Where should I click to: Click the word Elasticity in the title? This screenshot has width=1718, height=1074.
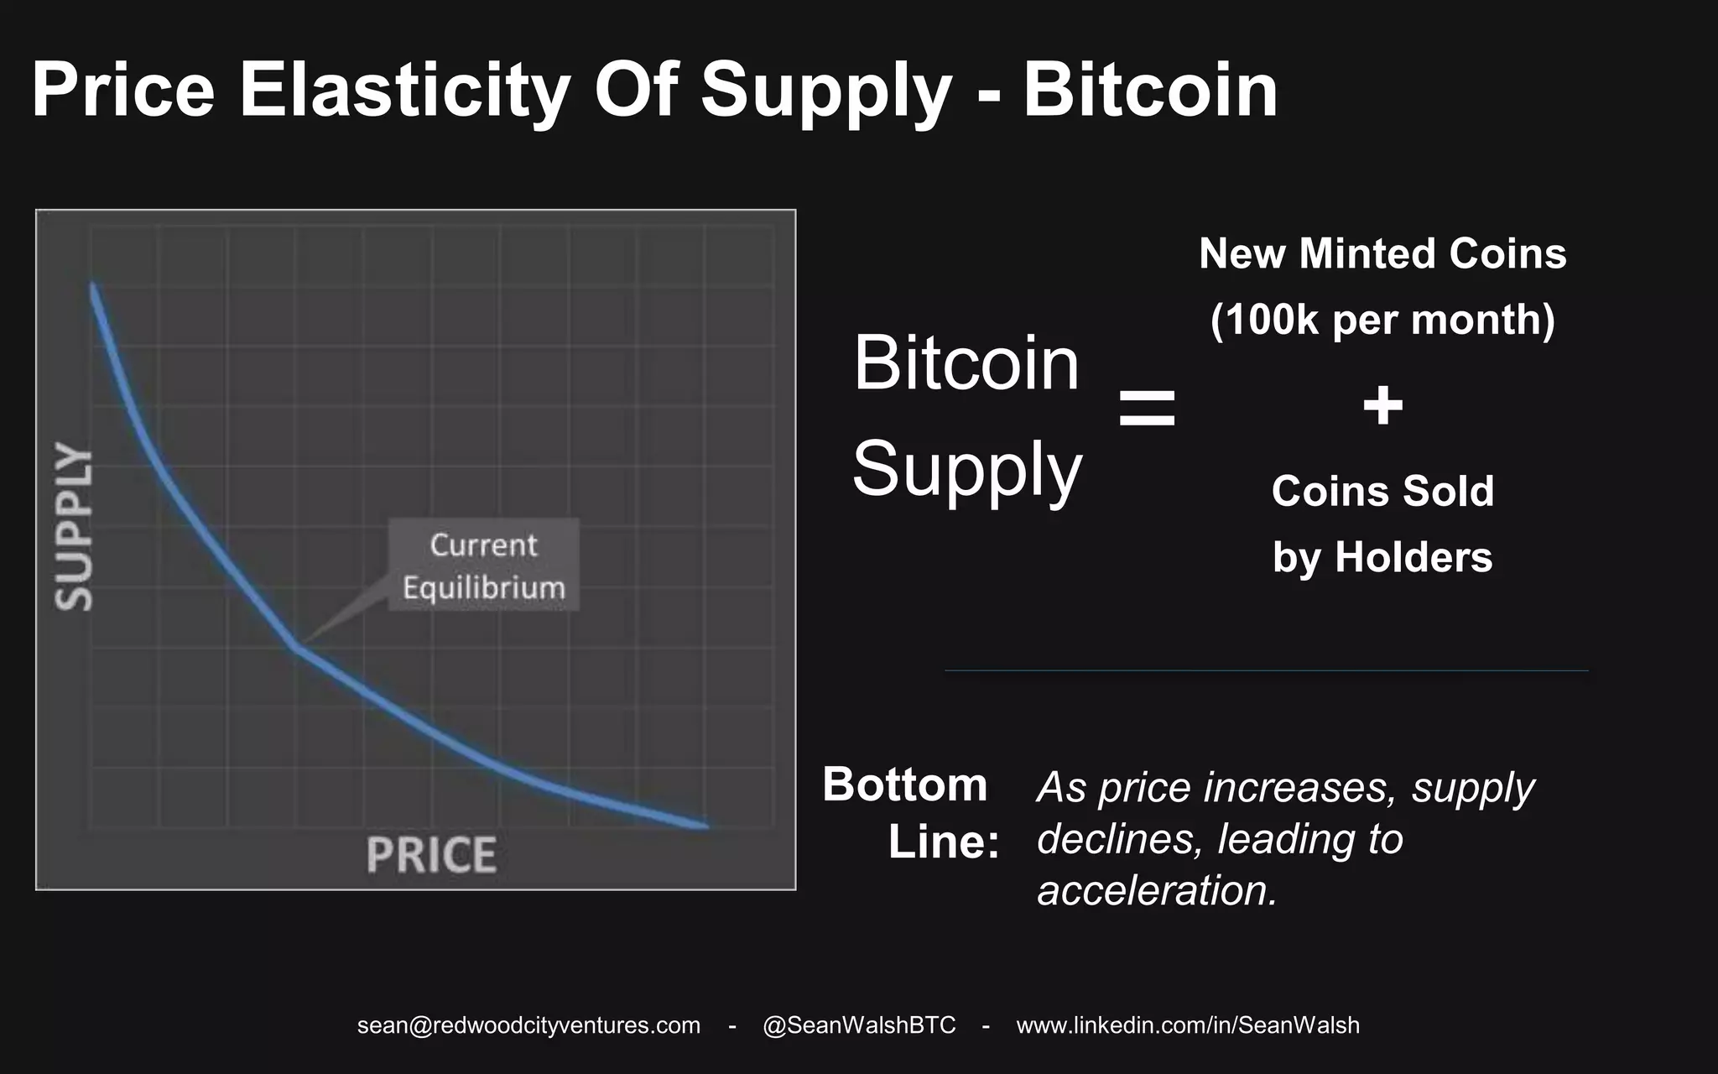pos(405,91)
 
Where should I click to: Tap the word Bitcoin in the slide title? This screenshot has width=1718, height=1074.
pos(1150,91)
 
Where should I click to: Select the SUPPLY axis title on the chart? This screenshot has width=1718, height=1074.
pos(74,525)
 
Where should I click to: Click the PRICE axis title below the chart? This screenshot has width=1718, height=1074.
pos(431,855)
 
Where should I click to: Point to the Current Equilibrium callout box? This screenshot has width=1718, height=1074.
pos(483,566)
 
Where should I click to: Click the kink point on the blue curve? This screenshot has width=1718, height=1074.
pos(295,646)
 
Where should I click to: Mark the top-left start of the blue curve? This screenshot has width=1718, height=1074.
pos(93,287)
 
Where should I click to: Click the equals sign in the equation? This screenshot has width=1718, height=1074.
pos(1147,408)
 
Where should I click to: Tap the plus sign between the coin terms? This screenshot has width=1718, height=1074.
pos(1382,406)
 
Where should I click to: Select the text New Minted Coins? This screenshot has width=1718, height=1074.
pos(1382,253)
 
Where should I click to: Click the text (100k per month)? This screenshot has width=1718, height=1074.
pos(1382,320)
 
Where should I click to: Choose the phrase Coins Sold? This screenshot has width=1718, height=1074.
pos(1382,491)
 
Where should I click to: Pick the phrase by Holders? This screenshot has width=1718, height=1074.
pos(1382,557)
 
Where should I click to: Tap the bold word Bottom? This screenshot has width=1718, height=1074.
pos(904,785)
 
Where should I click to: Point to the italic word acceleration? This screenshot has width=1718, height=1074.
pos(1157,890)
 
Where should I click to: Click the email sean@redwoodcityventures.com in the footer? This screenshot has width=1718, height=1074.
pos(528,1025)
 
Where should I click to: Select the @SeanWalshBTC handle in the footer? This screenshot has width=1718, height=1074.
pos(859,1025)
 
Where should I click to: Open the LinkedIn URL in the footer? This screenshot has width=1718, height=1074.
pos(1188,1025)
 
